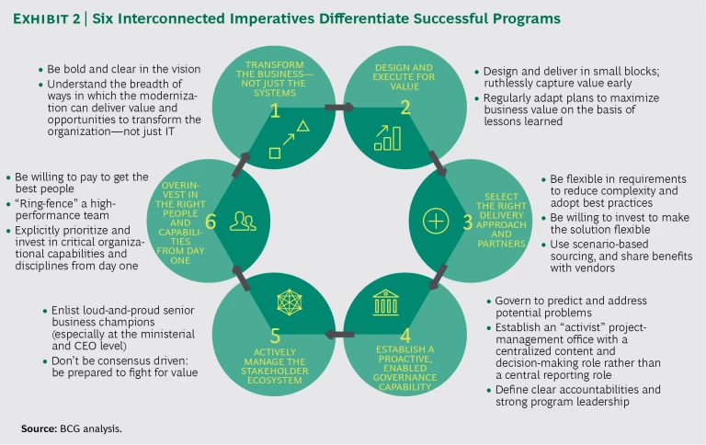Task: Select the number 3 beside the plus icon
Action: coord(469,222)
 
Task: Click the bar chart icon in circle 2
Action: coord(386,137)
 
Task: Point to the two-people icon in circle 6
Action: coord(243,222)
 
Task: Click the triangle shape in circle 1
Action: coord(301,126)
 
